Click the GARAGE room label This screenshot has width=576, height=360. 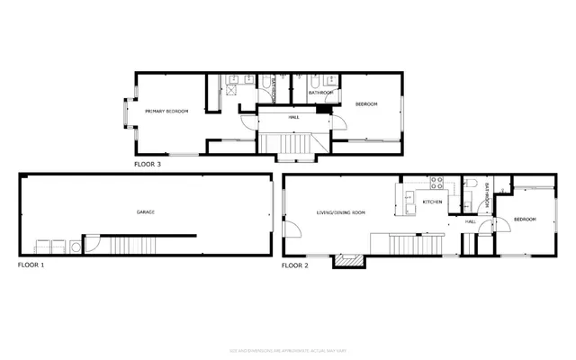tap(146, 212)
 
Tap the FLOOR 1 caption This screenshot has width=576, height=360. tap(31, 266)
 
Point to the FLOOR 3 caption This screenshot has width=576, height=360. tap(148, 165)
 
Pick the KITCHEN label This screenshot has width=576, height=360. tap(433, 202)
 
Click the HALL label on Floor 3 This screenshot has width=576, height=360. tap(293, 117)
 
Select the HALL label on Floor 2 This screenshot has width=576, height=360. tap(470, 221)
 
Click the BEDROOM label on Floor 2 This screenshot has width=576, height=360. tap(525, 219)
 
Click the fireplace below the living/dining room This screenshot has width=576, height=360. tap(348, 261)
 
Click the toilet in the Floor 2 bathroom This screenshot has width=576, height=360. tap(470, 185)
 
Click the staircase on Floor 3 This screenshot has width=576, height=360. tap(293, 144)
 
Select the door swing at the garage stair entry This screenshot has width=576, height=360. tap(90, 244)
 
